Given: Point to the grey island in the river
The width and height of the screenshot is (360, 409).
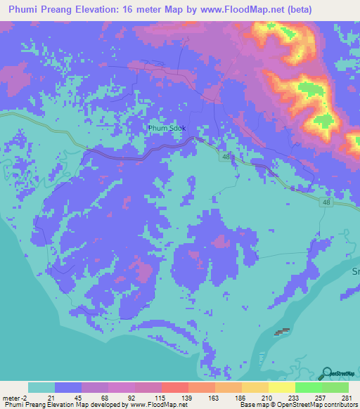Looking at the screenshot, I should pyautogui.click(x=282, y=331).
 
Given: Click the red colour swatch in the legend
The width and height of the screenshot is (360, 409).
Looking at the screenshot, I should pyautogui.click(x=174, y=387).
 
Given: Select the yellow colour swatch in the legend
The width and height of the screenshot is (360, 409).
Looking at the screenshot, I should pyautogui.click(x=281, y=387).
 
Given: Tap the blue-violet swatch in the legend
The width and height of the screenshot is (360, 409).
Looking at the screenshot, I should pyautogui.click(x=68, y=387).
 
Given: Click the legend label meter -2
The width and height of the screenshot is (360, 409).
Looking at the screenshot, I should pyautogui.click(x=14, y=397).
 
